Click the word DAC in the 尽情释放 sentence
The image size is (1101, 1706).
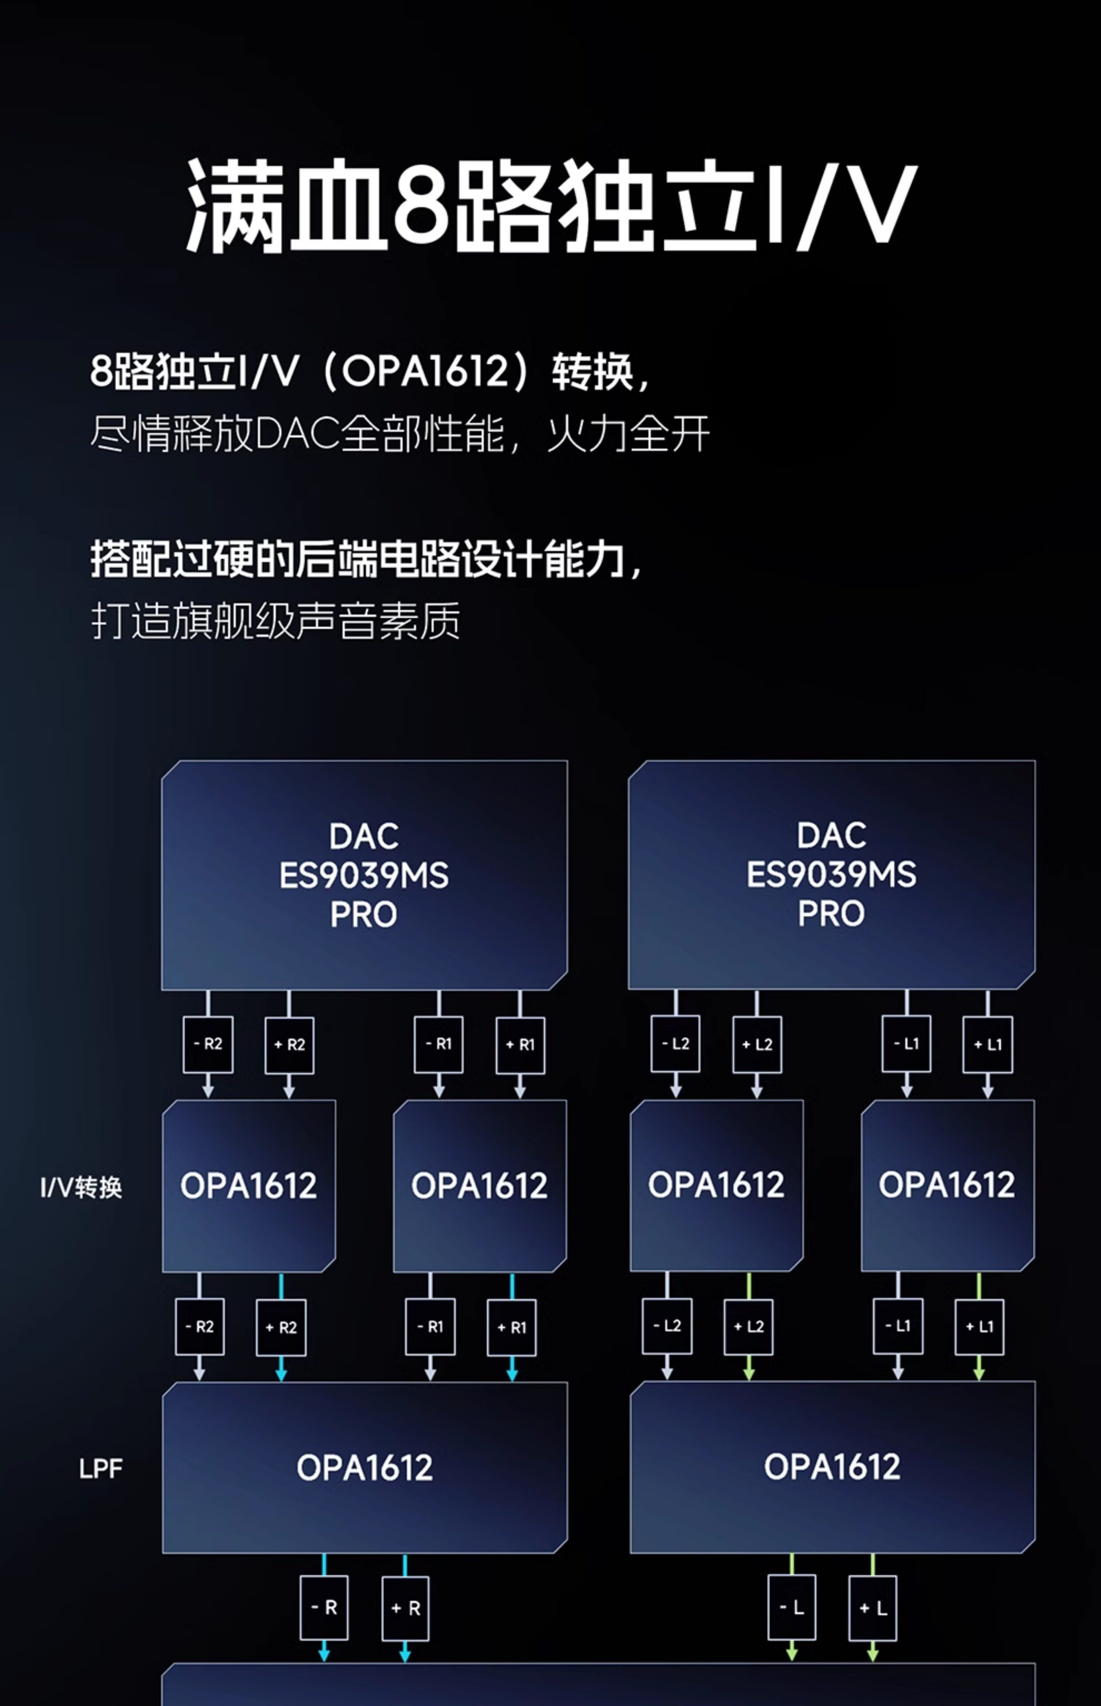297,434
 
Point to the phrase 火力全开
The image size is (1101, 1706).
628,434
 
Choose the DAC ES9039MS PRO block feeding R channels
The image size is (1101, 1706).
364,875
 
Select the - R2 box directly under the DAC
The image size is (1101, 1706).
208,1044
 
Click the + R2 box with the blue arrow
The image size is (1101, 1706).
281,1327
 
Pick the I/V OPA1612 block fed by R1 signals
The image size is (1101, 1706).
480,1186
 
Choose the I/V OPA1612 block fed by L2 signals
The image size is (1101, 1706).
717,1185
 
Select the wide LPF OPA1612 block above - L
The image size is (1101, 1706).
832,1467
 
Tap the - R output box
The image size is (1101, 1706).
324,1608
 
